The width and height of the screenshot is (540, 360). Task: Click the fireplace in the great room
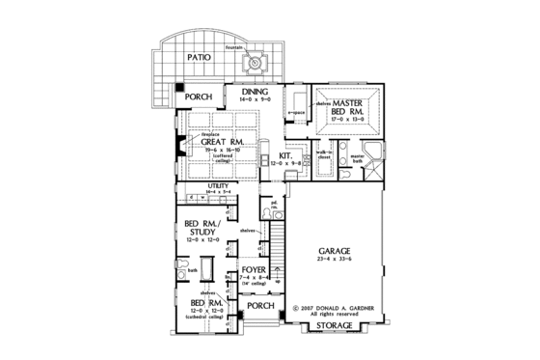(x=179, y=148)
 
